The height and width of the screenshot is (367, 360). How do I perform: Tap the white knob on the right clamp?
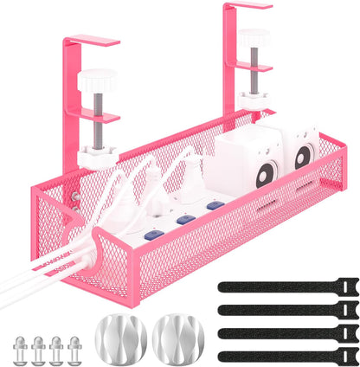[254, 37]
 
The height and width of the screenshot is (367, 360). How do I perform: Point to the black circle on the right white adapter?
[301, 156]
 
